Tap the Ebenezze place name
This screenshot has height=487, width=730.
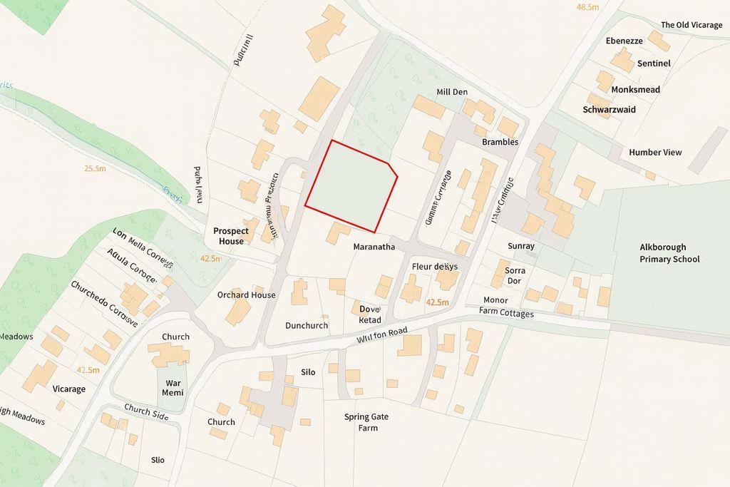(x=624, y=41)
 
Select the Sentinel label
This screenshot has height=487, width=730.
(x=654, y=63)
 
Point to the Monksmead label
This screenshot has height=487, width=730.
(x=636, y=90)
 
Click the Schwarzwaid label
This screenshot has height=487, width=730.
(x=609, y=110)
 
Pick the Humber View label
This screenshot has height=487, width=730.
(x=655, y=152)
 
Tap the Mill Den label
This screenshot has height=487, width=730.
(x=452, y=92)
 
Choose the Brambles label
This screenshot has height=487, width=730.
(x=500, y=142)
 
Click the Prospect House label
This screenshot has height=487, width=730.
(x=231, y=236)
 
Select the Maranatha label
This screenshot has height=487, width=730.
(x=374, y=247)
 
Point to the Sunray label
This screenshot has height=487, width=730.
(x=521, y=246)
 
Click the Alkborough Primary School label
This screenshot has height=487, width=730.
(x=669, y=253)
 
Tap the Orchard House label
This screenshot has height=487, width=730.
(x=247, y=294)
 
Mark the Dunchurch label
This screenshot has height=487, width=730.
(x=307, y=325)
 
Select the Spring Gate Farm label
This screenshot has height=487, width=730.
(x=366, y=422)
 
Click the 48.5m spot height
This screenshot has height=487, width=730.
(x=587, y=7)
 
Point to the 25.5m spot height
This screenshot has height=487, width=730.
(x=95, y=169)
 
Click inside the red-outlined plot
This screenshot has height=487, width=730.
(x=351, y=185)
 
